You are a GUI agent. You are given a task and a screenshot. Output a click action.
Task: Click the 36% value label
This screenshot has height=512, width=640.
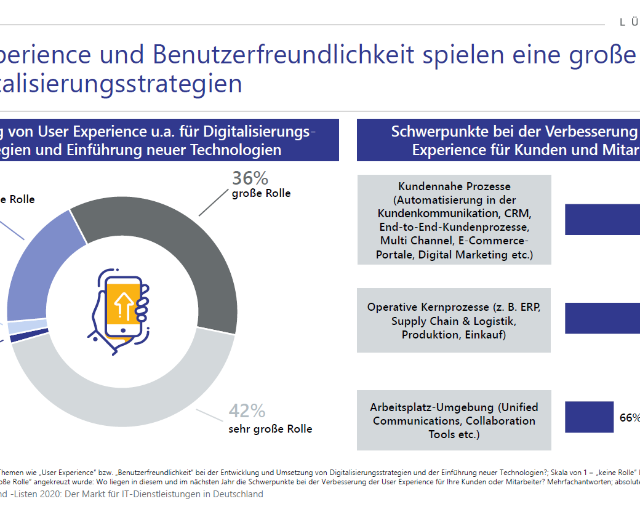(x=250, y=178)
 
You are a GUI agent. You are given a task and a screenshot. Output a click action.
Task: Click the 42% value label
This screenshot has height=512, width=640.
(x=247, y=410)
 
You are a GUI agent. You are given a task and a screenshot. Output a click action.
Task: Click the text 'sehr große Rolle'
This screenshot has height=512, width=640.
(x=270, y=429)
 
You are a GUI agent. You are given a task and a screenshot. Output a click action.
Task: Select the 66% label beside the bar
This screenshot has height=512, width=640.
(x=629, y=418)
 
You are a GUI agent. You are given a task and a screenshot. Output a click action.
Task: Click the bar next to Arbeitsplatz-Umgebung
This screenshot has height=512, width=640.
(x=590, y=417)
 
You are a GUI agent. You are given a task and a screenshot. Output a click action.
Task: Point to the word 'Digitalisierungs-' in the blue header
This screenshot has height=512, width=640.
(x=260, y=131)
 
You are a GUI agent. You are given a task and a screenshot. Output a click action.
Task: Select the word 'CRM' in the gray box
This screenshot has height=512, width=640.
(x=516, y=214)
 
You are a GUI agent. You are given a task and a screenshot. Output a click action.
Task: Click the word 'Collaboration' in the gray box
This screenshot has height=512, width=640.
(x=500, y=421)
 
